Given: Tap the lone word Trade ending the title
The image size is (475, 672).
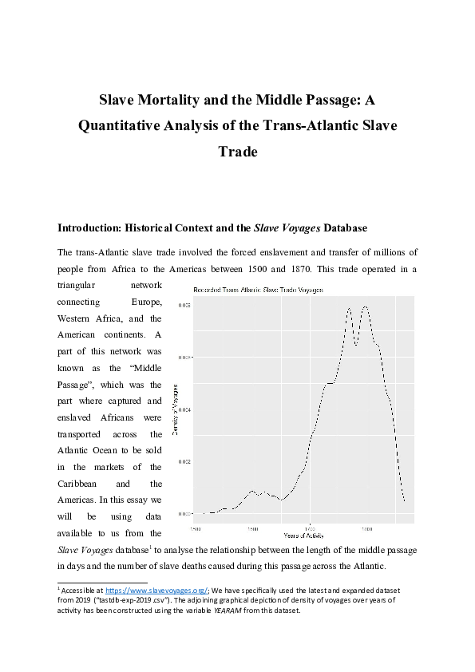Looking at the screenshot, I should click(x=237, y=151).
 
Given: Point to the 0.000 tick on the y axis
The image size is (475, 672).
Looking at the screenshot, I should click(x=184, y=513).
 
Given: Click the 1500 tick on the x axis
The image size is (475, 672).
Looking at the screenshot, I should click(x=195, y=528).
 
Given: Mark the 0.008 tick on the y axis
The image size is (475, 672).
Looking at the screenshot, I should click(x=184, y=306).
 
